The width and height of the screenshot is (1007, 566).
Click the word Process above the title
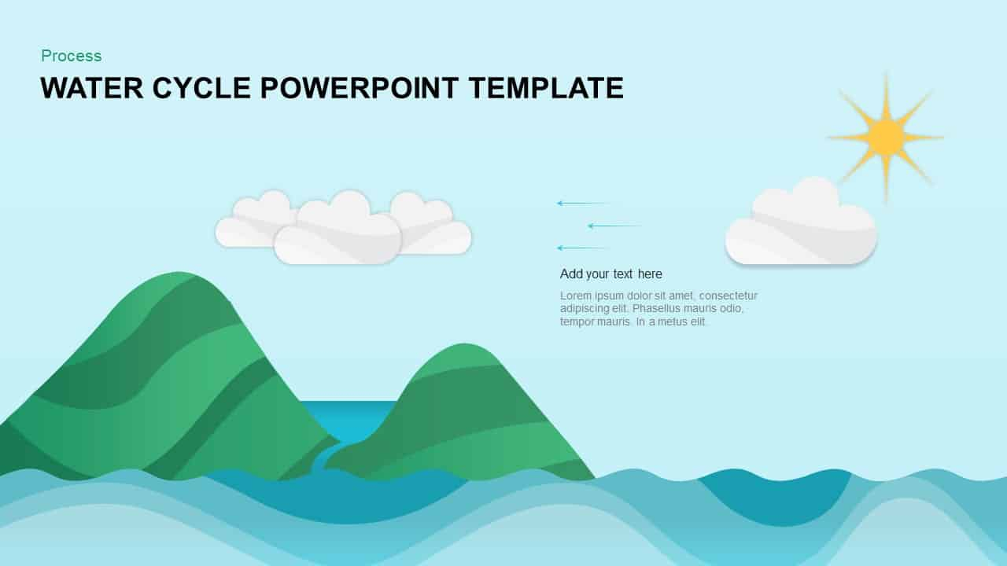pyautogui.click(x=71, y=56)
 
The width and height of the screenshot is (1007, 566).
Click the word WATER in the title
pyautogui.click(x=92, y=87)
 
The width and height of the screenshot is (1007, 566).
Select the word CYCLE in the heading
pyautogui.click(x=201, y=87)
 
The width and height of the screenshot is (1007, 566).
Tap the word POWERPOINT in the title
pyautogui.click(x=360, y=87)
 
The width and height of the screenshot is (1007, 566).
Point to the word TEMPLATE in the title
pyautogui.click(x=546, y=87)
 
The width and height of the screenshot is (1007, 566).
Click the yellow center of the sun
pyautogui.click(x=886, y=137)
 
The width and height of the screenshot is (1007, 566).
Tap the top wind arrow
pyautogui.click(x=585, y=204)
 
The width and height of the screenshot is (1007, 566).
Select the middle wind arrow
pyautogui.click(x=615, y=226)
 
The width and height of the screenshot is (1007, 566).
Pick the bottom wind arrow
pyautogui.click(x=584, y=248)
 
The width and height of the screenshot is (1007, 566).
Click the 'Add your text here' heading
pyautogui.click(x=611, y=274)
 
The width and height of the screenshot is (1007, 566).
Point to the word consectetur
pyautogui.click(x=729, y=296)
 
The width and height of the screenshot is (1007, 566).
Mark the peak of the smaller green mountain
pyautogui.click(x=464, y=344)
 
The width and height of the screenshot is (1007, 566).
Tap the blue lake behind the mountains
pyautogui.click(x=351, y=417)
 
